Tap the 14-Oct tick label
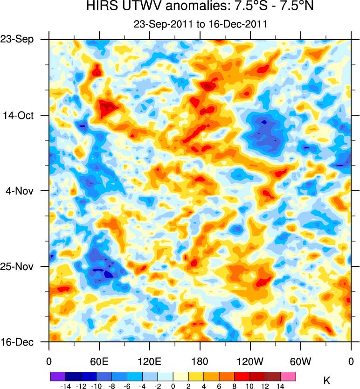[x=20, y=115]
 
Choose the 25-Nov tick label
[x=19, y=266]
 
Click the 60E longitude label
[x=99, y=361]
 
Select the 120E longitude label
[x=150, y=361]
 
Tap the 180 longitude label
[x=200, y=361]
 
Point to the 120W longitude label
[x=250, y=361]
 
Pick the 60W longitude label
[x=301, y=361]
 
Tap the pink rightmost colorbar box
[x=288, y=375]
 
